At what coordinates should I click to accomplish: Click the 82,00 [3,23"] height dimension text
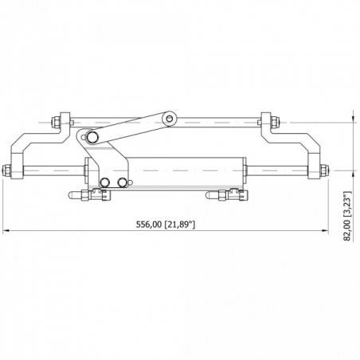pos(347,215)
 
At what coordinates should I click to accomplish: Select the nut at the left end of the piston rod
pos(10,170)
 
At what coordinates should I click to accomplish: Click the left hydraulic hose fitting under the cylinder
pos(87,195)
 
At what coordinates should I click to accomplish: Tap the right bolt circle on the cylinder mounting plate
pos(121,182)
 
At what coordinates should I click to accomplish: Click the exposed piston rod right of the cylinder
pos(279,170)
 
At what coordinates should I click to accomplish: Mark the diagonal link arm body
pos(131,129)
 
